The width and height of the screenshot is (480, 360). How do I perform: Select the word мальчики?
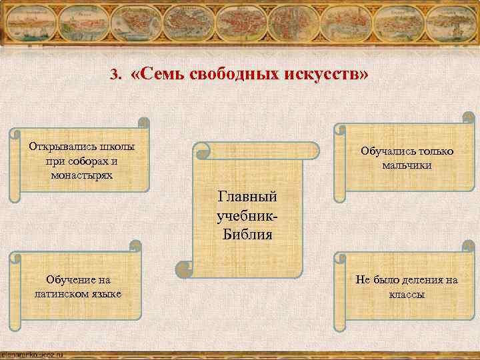tap(407, 165)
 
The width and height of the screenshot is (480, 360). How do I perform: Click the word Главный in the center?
tap(246, 197)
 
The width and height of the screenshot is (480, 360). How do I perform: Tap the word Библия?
tap(246, 235)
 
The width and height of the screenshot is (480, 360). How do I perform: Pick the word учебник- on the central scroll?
tap(246, 216)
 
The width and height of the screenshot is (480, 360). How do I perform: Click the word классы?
tap(407, 294)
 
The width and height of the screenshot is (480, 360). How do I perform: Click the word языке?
tap(109, 294)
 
